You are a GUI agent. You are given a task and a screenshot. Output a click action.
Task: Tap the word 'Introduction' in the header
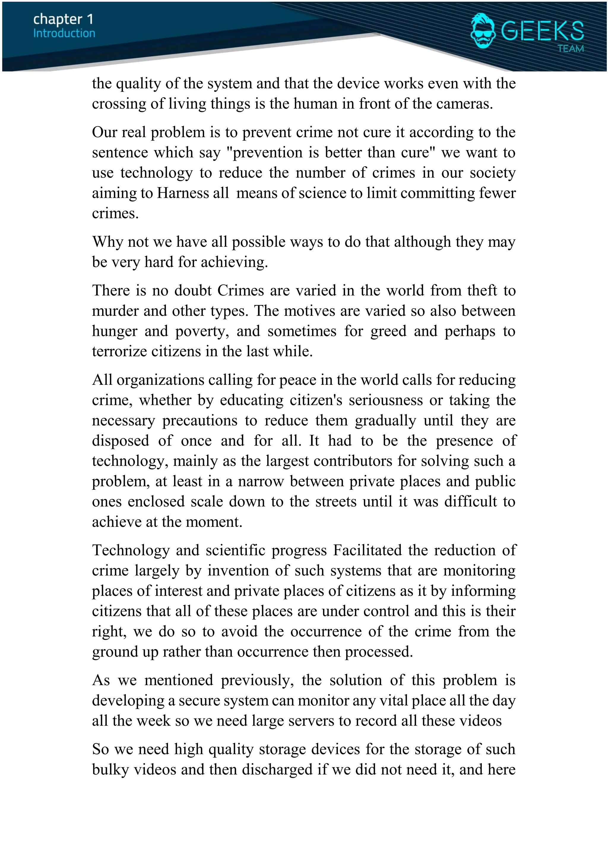[64, 33]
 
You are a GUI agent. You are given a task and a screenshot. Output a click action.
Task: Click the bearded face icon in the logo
[483, 31]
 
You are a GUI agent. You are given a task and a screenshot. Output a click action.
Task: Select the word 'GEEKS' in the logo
[542, 31]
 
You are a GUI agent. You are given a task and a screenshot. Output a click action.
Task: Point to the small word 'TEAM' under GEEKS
[570, 49]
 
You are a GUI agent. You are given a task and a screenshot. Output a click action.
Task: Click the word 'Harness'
[182, 193]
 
